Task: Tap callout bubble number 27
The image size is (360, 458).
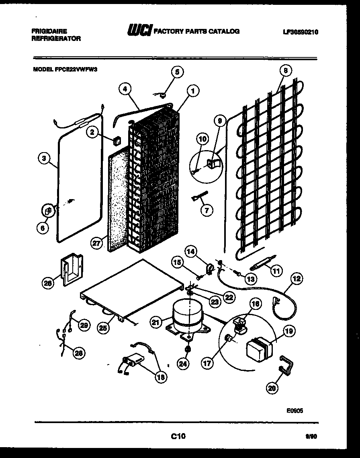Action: coord(96,243)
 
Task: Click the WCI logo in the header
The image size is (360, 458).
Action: coord(138,31)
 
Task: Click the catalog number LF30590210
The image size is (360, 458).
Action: coord(300,33)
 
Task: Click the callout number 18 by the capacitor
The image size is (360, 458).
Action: coord(162,377)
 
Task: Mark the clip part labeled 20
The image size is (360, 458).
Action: coord(286,364)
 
